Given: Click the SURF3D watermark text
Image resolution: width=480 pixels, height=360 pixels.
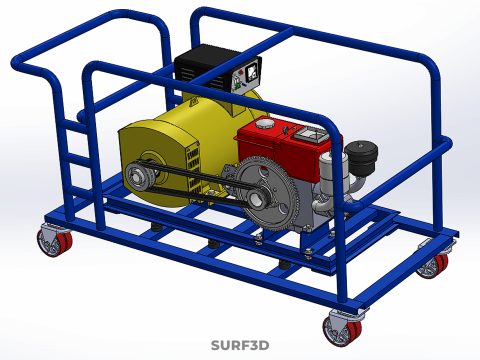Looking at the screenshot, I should click(x=240, y=346).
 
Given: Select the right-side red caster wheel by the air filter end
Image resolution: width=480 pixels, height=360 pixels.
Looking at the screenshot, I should click(x=434, y=265).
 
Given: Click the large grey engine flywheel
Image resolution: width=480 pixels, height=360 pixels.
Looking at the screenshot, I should click(x=269, y=196).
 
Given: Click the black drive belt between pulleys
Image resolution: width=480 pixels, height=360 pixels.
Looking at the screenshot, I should click(x=200, y=182).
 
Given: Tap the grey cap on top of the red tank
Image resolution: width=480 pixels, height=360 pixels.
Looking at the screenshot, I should click(x=265, y=126).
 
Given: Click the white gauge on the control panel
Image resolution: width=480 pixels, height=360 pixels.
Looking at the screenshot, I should click(x=251, y=71).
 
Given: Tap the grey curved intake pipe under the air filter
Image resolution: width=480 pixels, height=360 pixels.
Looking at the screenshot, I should click(x=355, y=185).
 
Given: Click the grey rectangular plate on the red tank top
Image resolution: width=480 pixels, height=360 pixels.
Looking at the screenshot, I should click(x=308, y=132).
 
